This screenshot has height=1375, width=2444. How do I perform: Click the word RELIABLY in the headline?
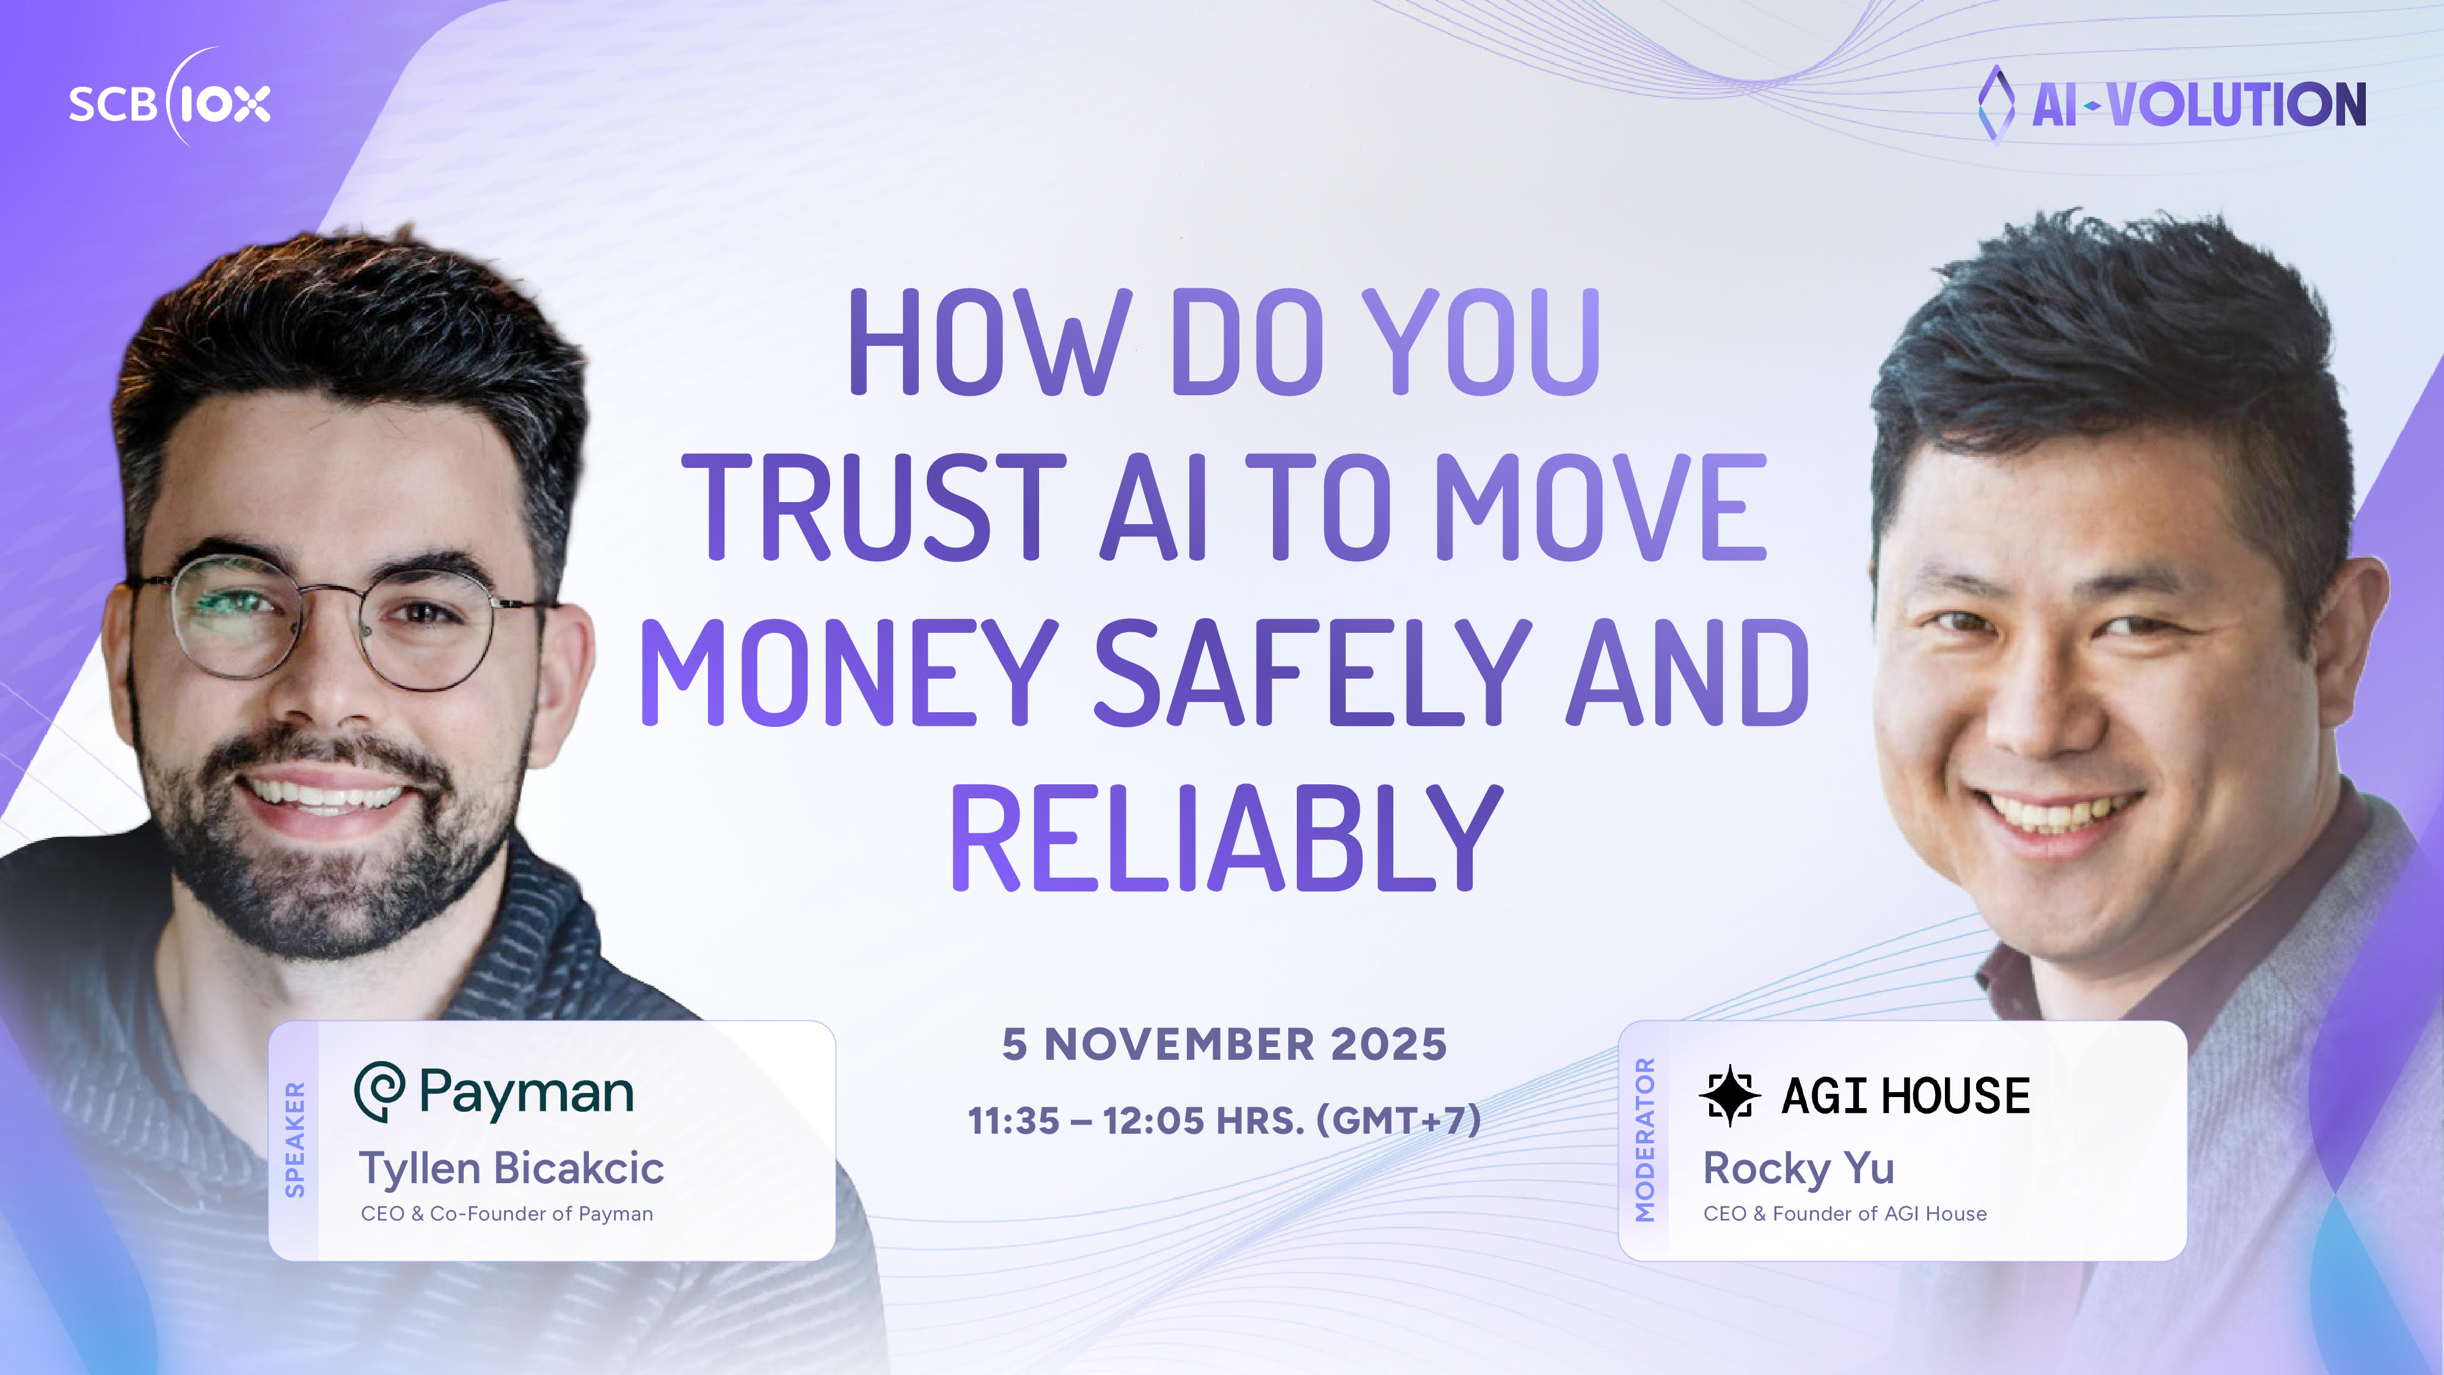coord(1226,838)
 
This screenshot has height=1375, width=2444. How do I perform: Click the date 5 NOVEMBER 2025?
coord(1224,1044)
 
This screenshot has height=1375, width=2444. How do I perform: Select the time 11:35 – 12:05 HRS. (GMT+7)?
coord(1224,1121)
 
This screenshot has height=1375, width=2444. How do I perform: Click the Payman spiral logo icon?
coord(379,1092)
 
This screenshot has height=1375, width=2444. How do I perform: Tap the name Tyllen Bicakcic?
coord(511,1168)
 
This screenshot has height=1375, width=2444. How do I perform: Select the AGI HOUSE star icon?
coord(1729,1095)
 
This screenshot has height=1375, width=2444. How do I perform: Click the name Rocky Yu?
coord(1798,1168)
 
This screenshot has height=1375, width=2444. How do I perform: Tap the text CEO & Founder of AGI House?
coord(1844,1214)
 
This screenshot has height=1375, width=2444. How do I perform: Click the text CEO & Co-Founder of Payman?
coord(506,1214)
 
